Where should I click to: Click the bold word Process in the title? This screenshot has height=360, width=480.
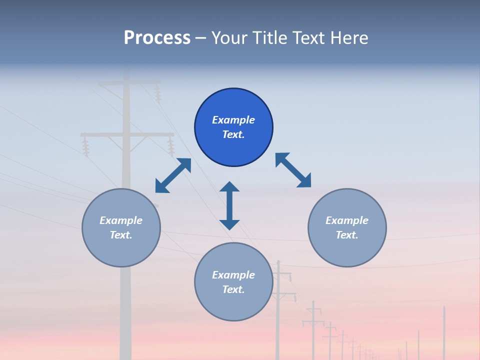tap(157, 38)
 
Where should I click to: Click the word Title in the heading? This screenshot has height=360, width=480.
tap(267, 38)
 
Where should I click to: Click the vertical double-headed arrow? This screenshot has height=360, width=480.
tap(229, 205)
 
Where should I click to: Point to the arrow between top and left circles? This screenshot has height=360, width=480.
tap(173, 175)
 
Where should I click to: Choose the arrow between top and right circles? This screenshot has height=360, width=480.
tap(293, 170)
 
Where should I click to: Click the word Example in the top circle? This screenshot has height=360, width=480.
tap(233, 120)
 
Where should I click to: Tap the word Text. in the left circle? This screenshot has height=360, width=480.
tap(121, 235)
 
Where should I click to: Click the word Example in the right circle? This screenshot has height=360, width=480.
tap(347, 220)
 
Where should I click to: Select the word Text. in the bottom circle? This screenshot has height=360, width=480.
tap(233, 289)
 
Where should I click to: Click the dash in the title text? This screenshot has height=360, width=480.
tap(201, 38)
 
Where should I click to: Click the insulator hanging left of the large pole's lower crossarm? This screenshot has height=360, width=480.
tap(85, 147)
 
